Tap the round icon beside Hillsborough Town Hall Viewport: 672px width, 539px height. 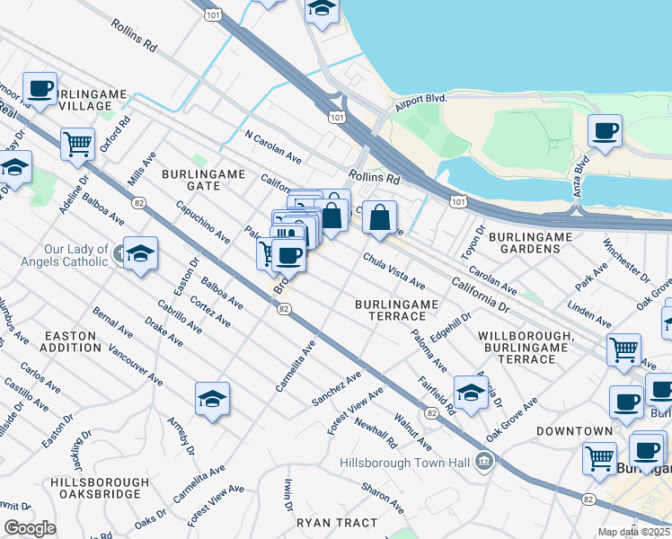pos(484,463)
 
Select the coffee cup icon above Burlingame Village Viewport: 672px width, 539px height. pos(40,89)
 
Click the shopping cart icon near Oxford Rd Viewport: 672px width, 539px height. pos(78,143)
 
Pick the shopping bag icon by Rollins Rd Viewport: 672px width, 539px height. pos(380,216)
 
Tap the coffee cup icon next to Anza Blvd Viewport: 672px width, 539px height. pos(605,130)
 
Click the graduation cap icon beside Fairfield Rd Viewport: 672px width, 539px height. pos(471,392)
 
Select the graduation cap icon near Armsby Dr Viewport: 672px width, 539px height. pos(212,399)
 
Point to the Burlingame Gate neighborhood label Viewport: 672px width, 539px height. pos(190,179)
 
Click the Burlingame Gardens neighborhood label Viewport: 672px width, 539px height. pos(530,243)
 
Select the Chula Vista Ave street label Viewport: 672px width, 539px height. pos(393,271)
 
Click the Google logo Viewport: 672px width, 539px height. pos(30,528)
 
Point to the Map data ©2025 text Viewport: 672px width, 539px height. pos(633,532)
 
